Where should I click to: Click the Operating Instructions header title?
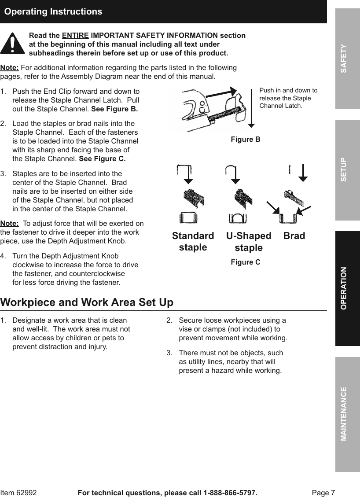[x=53, y=12]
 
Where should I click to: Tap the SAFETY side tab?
[x=347, y=59]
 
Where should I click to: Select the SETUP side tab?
[x=347, y=170]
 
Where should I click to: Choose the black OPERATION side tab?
[x=347, y=288]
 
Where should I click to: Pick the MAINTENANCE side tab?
[x=347, y=414]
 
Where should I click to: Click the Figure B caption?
[x=246, y=140]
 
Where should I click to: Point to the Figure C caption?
[x=246, y=262]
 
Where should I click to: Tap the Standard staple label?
[x=193, y=242]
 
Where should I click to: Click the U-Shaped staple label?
[x=249, y=242]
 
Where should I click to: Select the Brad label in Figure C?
[x=294, y=236]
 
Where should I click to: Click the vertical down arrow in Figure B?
[x=251, y=110]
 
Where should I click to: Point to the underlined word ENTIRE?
[x=75, y=35]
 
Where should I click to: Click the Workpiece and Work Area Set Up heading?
[x=87, y=303]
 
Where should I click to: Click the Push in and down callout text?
[x=288, y=98]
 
